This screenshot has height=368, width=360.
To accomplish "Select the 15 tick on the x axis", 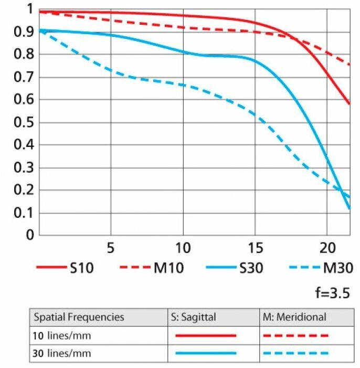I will (x=255, y=246).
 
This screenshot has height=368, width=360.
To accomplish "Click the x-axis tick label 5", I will (x=111, y=246).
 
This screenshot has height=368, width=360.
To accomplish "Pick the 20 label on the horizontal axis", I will (x=326, y=246).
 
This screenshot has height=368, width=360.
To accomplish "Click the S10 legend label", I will (x=81, y=268).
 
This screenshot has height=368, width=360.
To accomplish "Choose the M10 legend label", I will (x=168, y=268).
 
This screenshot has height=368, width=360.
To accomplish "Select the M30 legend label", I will (x=336, y=268).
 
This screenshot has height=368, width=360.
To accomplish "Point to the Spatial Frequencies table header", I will (x=79, y=317).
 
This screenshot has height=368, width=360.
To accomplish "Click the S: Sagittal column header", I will (x=194, y=317).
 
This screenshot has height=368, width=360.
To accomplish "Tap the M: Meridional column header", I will (x=294, y=317).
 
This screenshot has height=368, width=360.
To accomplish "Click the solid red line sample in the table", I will (x=206, y=335).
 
